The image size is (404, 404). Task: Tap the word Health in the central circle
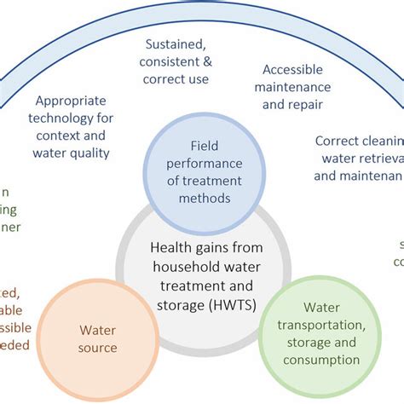click(x=170, y=247)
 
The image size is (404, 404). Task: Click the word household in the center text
click(x=182, y=264)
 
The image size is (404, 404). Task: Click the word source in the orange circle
click(x=98, y=347)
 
